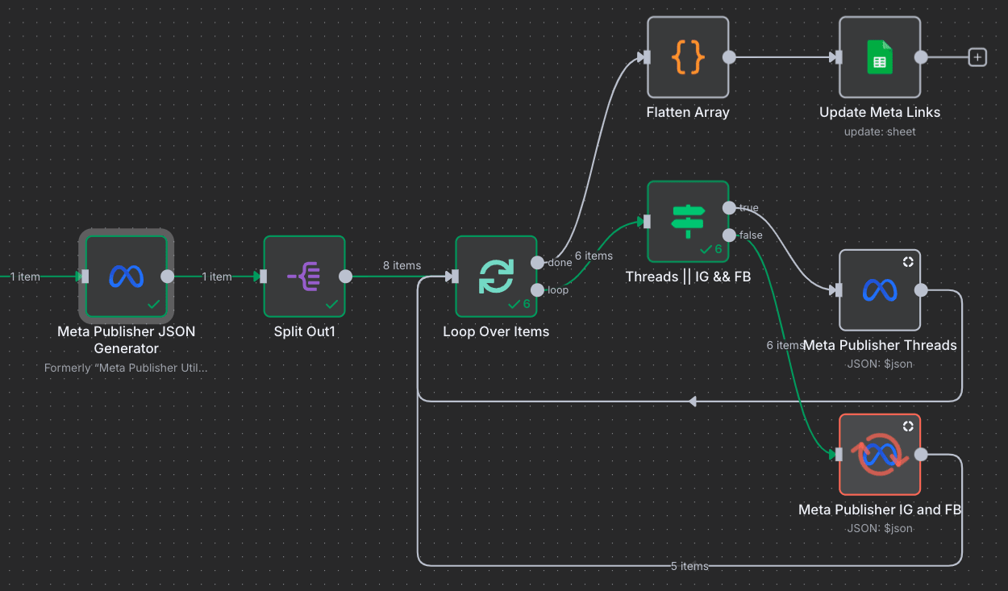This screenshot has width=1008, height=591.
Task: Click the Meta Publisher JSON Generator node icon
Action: pos(126,277)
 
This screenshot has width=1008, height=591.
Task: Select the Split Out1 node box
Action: pos(304,277)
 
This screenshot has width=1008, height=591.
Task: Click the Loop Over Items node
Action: pos(495,277)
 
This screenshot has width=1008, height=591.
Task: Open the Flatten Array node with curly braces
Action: pos(688,57)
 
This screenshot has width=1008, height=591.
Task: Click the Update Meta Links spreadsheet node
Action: pos(879,57)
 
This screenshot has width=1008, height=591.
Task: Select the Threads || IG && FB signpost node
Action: pos(688,221)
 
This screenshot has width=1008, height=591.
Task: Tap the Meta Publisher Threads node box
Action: pos(879,290)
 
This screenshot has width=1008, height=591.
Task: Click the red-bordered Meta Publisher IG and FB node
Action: pos(879,455)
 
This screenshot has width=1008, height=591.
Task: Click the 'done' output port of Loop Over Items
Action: pos(537,263)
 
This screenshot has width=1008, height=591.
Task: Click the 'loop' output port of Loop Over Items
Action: pos(537,290)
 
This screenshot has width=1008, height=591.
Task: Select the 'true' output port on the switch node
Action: pos(729,208)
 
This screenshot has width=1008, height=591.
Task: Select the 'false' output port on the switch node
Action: pos(729,235)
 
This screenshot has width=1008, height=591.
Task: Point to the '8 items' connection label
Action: pos(402,265)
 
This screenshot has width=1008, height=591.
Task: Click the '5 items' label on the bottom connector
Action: pos(689,566)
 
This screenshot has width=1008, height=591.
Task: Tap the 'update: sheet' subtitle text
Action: pos(879,131)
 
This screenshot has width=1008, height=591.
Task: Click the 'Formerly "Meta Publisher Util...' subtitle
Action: pos(126,368)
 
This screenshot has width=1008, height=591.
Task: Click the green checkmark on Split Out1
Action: pos(331,304)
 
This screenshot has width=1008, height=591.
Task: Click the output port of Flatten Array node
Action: pos(729,57)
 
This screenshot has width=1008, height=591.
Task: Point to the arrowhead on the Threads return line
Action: pos(692,401)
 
